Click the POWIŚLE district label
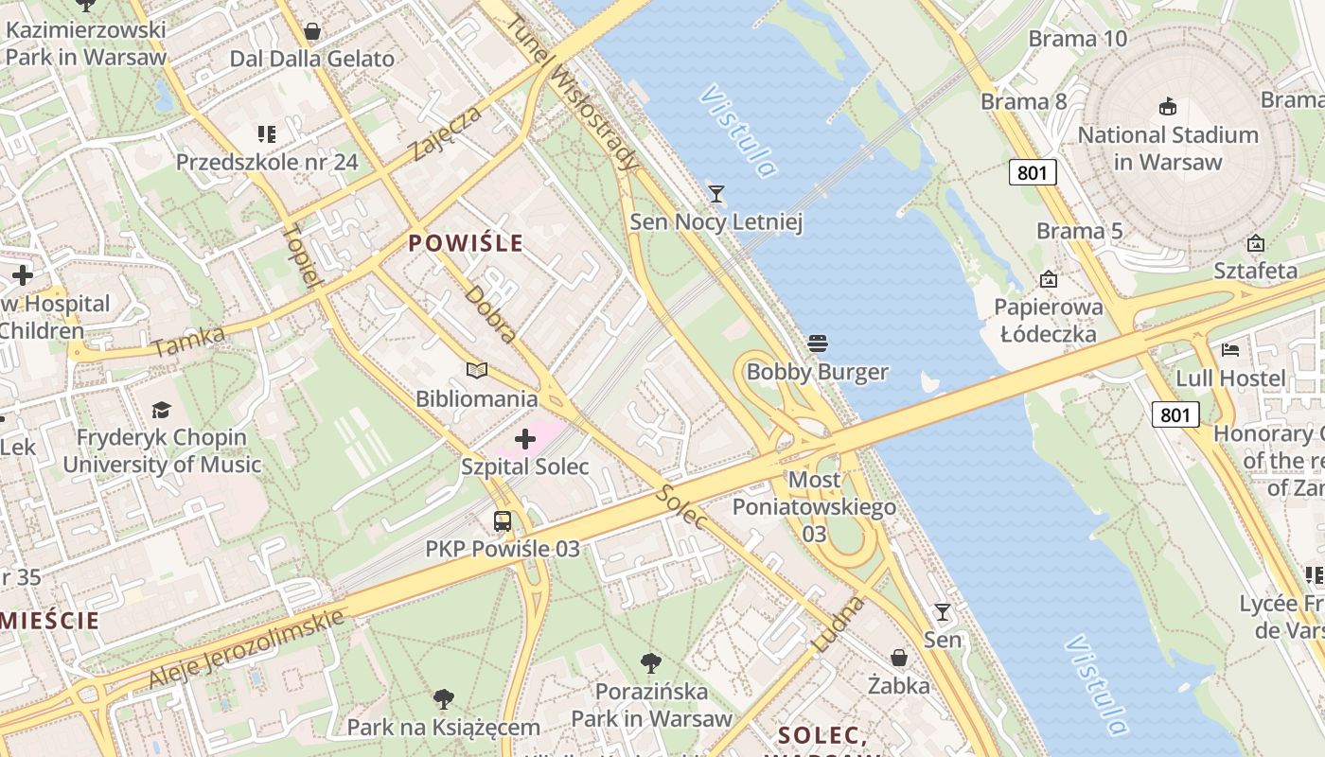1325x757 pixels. click(465, 243)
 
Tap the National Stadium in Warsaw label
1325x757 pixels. click(1168, 149)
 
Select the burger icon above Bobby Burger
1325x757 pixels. click(818, 343)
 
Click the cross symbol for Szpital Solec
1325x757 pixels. click(525, 439)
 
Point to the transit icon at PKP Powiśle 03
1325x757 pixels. click(502, 520)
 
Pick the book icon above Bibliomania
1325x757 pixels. click(477, 371)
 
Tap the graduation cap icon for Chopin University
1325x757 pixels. click(161, 410)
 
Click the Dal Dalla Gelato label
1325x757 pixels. click(312, 59)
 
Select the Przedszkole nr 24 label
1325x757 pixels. click(267, 162)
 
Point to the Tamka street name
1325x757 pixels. click(188, 342)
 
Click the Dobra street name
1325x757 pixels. click(491, 314)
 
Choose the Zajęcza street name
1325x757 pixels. click(447, 133)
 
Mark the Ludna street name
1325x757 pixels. click(839, 624)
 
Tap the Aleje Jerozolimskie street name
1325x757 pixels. click(246, 649)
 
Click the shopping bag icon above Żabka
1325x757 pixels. click(899, 657)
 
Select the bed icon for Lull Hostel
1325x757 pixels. click(1230, 350)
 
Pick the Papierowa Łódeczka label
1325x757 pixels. click(1049, 320)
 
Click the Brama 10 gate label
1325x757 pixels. click(1078, 39)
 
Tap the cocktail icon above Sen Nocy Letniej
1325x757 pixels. click(716, 194)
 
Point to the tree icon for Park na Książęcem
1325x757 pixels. click(443, 699)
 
